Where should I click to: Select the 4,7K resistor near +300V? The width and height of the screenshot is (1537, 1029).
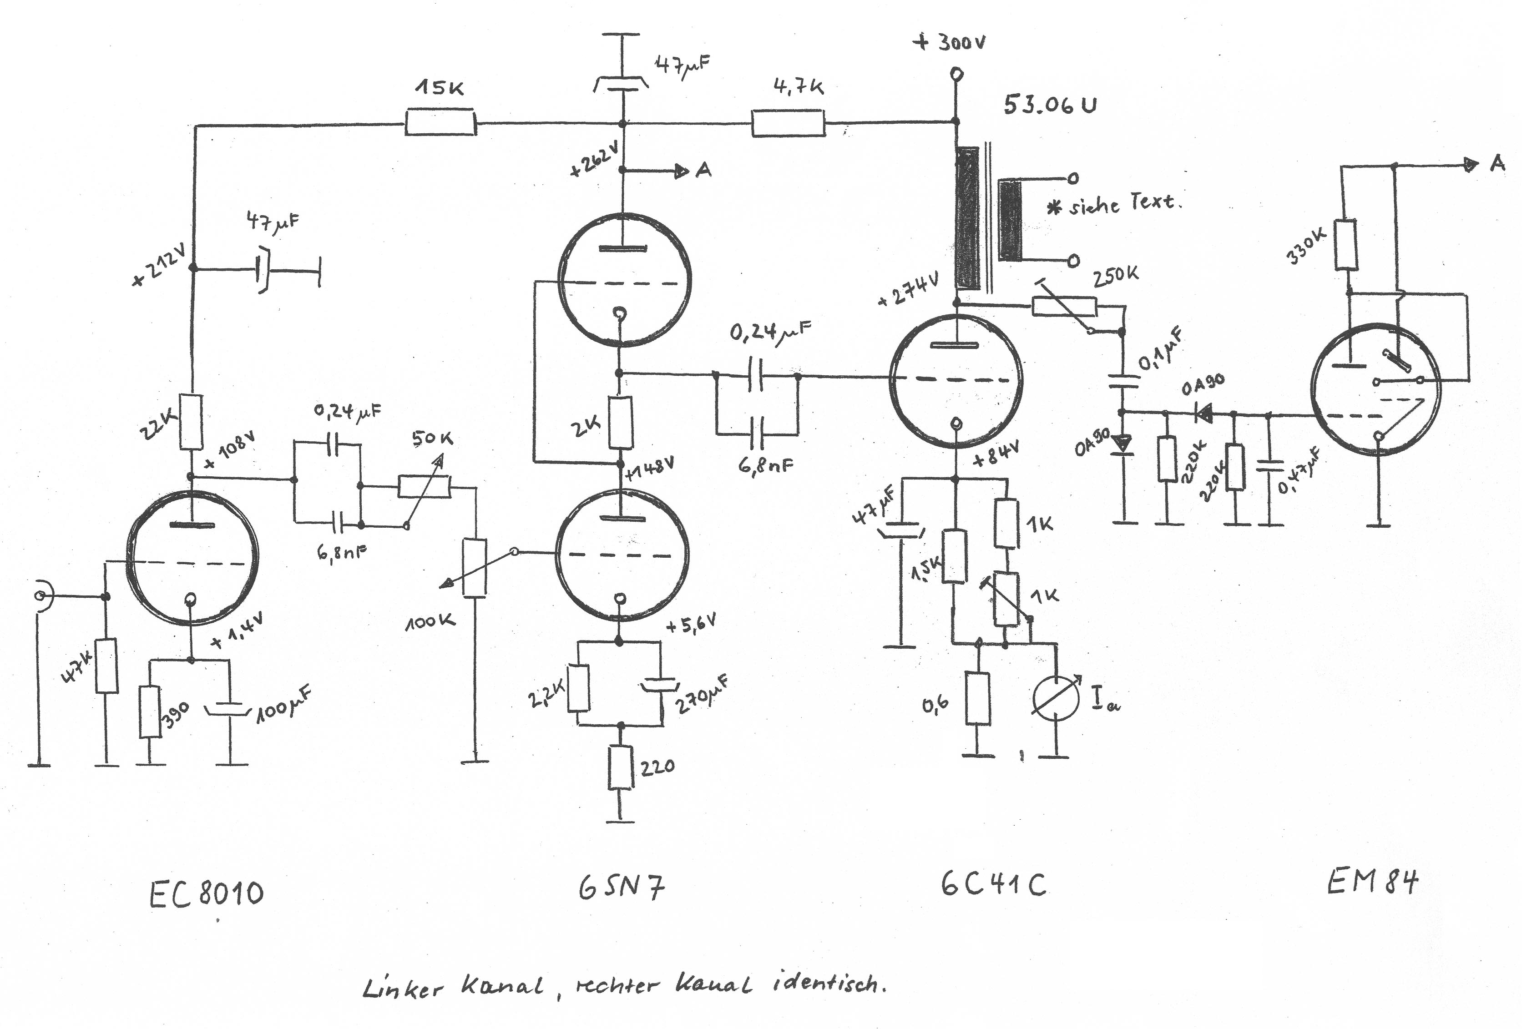pyautogui.click(x=788, y=123)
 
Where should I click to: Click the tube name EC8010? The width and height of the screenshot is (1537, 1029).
pyautogui.click(x=206, y=893)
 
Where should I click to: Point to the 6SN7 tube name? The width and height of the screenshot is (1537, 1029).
pyautogui.click(x=621, y=888)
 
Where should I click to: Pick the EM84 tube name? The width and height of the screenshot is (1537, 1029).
pyautogui.click(x=1372, y=881)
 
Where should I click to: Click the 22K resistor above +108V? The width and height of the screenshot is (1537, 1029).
pyautogui.click(x=192, y=421)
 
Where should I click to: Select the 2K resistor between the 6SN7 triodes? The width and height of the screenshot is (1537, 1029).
pyautogui.click(x=620, y=423)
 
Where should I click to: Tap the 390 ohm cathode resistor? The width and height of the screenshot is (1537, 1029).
pyautogui.click(x=150, y=712)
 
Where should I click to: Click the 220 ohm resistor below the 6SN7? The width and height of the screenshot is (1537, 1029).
pyautogui.click(x=620, y=767)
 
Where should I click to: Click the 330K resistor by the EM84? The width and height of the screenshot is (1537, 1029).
pyautogui.click(x=1346, y=245)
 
